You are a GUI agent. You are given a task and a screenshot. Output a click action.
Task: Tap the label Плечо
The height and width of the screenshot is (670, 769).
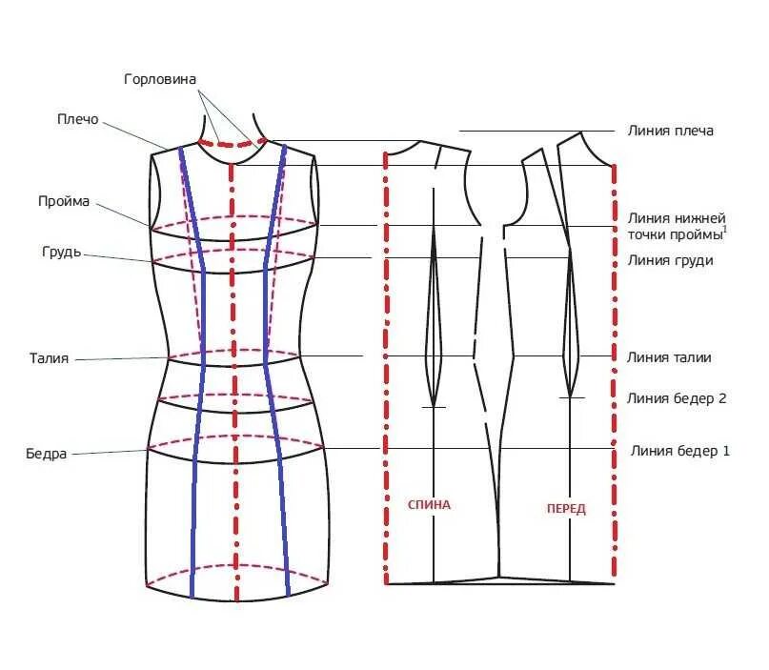[x=77, y=119]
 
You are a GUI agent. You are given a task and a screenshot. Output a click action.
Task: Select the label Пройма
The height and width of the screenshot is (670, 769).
[x=64, y=201]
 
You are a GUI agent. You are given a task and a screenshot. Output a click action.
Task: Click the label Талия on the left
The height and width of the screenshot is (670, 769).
[x=49, y=358]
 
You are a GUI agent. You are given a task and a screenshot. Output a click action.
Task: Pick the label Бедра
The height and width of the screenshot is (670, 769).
[x=47, y=453]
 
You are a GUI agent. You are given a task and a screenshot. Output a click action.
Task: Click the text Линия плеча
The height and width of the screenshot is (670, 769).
[x=671, y=131]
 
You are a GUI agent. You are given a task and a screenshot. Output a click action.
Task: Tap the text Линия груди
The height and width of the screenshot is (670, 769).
[x=671, y=260]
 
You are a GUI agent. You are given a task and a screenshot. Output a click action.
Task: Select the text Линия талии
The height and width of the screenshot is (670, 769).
[x=670, y=357]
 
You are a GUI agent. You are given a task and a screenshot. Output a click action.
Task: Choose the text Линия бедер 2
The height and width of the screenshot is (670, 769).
[x=678, y=398]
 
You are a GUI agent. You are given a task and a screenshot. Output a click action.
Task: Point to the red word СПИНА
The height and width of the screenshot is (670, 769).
[x=429, y=505]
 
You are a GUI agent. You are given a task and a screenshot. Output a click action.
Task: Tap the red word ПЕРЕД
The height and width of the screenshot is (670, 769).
[x=566, y=509]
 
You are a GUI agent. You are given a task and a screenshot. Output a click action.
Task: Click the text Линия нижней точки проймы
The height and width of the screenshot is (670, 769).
[x=676, y=227]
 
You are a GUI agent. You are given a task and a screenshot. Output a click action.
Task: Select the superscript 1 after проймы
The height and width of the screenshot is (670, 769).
[x=725, y=229]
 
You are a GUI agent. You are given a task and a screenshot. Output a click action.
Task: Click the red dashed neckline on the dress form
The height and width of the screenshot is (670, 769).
[x=233, y=145]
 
